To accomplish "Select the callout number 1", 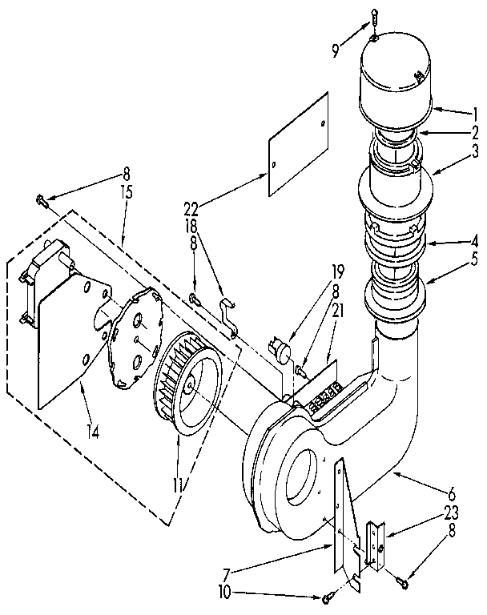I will pyautogui.click(x=474, y=112).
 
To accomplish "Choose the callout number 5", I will pyautogui.click(x=474, y=259).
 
